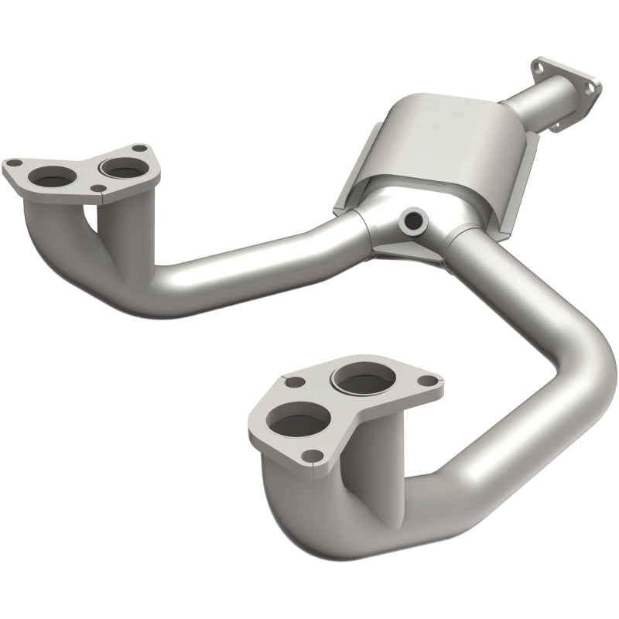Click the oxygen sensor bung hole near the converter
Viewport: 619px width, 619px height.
tap(412, 222)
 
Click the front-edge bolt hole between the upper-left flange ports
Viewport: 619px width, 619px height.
tap(97, 188)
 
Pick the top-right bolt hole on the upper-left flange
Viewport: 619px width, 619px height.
tap(138, 149)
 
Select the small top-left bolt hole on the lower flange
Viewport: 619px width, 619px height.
tap(292, 381)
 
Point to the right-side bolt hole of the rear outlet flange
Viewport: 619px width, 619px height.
tap(590, 89)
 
